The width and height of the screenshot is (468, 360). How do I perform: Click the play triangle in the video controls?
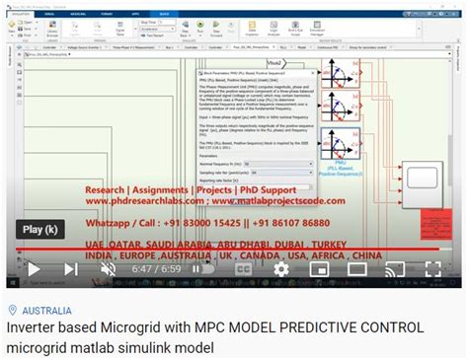(33, 268)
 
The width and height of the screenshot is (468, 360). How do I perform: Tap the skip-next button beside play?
(71, 268)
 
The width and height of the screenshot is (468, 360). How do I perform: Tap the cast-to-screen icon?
(394, 268)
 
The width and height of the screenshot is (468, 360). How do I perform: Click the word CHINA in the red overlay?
(353, 254)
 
